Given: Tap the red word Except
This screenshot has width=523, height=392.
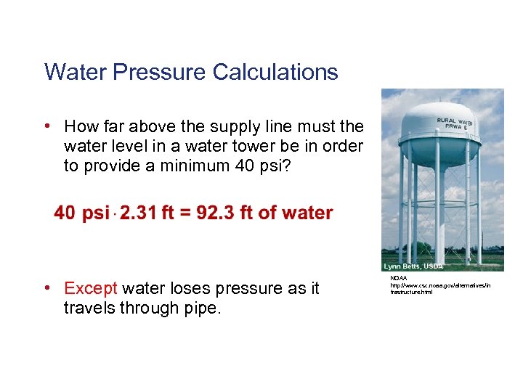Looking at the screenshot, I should tap(91, 288).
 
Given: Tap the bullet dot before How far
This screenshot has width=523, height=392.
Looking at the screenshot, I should tap(47, 126).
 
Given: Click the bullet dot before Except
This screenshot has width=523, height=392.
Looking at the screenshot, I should tap(47, 288).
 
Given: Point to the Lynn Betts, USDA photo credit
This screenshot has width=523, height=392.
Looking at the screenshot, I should tap(413, 266).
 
